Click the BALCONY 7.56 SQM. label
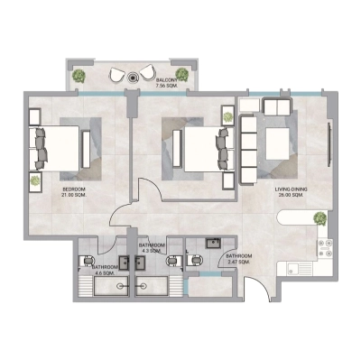click(168, 83)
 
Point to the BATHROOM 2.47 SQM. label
click(239, 258)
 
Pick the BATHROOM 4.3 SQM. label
click(151, 248)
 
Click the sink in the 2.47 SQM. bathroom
click(213, 243)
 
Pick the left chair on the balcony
click(118, 76)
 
